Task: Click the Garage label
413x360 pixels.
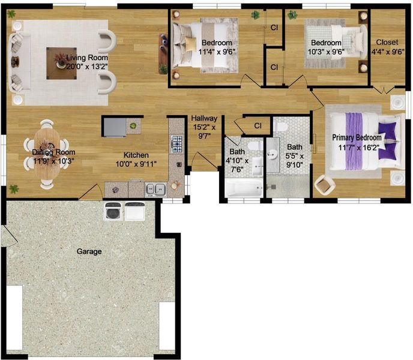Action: click(x=89, y=251)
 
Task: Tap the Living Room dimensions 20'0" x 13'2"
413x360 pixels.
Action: click(x=87, y=67)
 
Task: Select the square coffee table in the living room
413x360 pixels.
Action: click(x=62, y=64)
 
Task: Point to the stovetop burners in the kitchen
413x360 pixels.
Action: click(x=176, y=144)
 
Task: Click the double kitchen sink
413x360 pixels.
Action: click(x=155, y=190)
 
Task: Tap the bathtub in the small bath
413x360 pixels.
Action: click(x=244, y=188)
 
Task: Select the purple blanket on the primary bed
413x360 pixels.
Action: click(x=354, y=141)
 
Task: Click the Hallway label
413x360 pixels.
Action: click(x=204, y=118)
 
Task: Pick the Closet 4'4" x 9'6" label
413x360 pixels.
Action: click(x=387, y=47)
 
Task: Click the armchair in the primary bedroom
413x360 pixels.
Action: click(x=325, y=184)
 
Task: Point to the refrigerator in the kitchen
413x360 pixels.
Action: click(x=115, y=127)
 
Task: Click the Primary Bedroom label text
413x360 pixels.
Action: click(x=357, y=137)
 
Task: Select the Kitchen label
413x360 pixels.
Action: click(x=136, y=155)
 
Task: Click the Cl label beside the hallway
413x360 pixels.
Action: click(x=258, y=126)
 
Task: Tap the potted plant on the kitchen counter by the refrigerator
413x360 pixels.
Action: click(x=133, y=125)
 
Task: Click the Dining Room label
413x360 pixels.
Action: click(x=53, y=152)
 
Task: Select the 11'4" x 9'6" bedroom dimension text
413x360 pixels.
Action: click(x=217, y=52)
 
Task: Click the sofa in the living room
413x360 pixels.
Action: click(x=19, y=62)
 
